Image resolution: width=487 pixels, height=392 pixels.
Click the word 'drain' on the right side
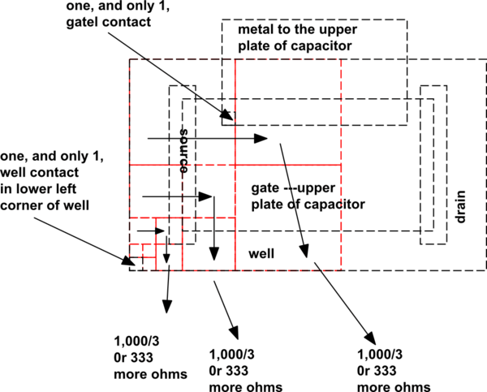[461, 207]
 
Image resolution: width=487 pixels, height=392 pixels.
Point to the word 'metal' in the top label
[254, 29]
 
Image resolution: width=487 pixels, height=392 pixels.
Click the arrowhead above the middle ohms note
[236, 334]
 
